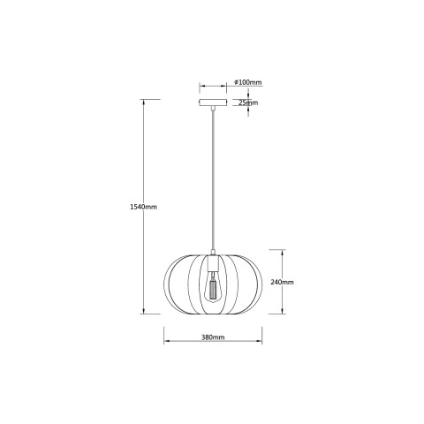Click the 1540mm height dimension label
coord(143,207)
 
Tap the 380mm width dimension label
coord(213,337)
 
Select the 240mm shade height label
coord(282,282)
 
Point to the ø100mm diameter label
coord(247,82)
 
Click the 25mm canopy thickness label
coord(248,102)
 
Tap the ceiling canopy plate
coord(213,102)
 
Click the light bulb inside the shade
coord(213,287)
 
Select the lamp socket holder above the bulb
coord(213,264)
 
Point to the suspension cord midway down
coord(213,179)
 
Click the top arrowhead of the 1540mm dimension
coord(144,102)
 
